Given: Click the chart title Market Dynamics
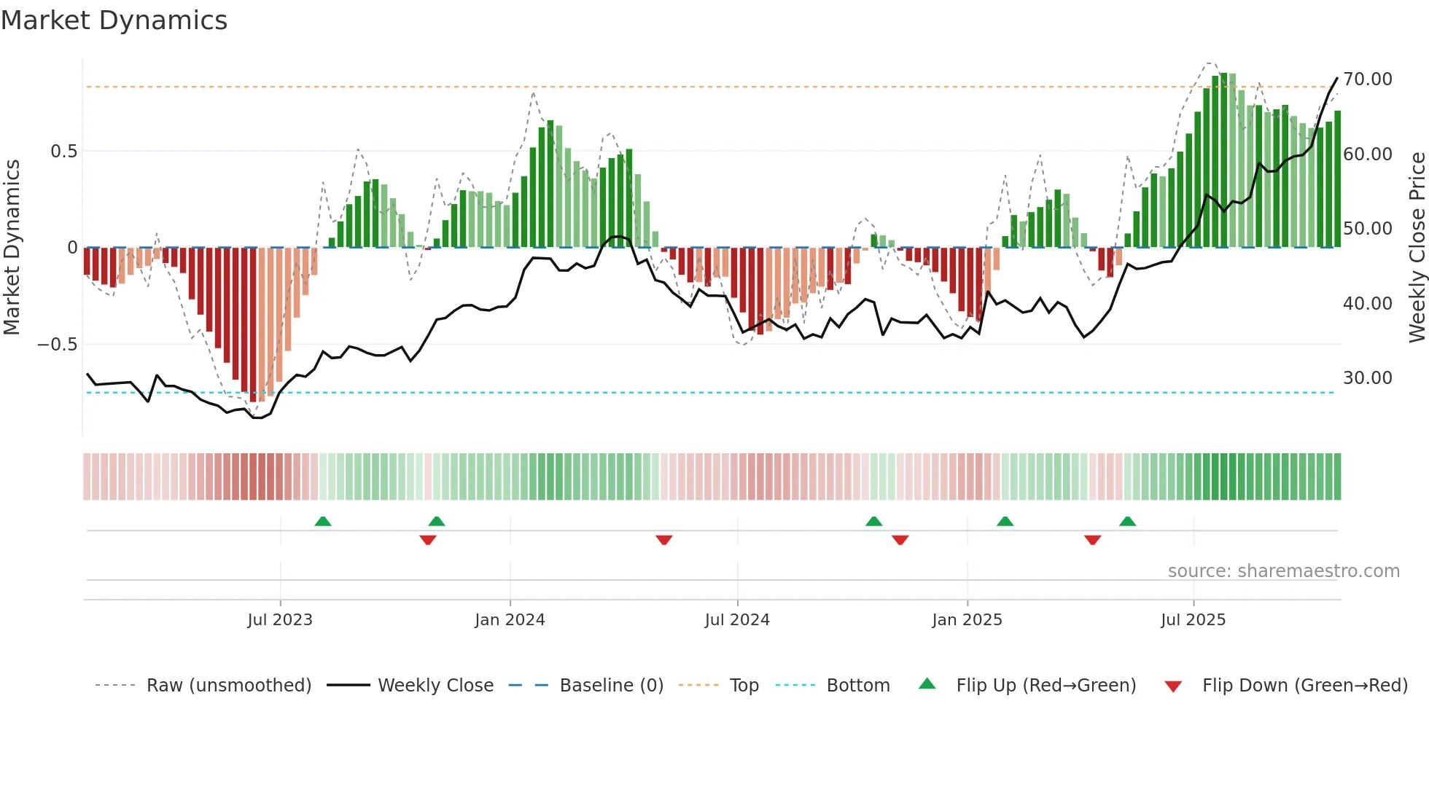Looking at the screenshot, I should [114, 20].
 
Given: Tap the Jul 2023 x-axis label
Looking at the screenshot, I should [280, 620].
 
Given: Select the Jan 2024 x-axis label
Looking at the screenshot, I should [510, 620].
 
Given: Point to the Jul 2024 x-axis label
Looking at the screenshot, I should [737, 620].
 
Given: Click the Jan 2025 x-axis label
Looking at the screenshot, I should [967, 620].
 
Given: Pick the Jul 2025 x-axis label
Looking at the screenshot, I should [1194, 620].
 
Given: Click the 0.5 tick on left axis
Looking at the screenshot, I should [63, 152].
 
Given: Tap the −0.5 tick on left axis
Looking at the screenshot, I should [58, 344].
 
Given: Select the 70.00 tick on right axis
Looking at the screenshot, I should [1368, 79].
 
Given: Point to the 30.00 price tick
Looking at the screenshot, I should [1368, 378].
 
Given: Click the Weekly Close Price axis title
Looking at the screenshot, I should [1417, 248].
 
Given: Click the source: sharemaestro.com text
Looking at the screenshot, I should [1283, 571].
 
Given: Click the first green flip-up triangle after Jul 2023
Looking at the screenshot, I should [323, 521].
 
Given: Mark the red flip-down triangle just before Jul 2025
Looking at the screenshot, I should [1092, 540].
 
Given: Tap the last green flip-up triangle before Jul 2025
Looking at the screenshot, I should [1127, 521].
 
